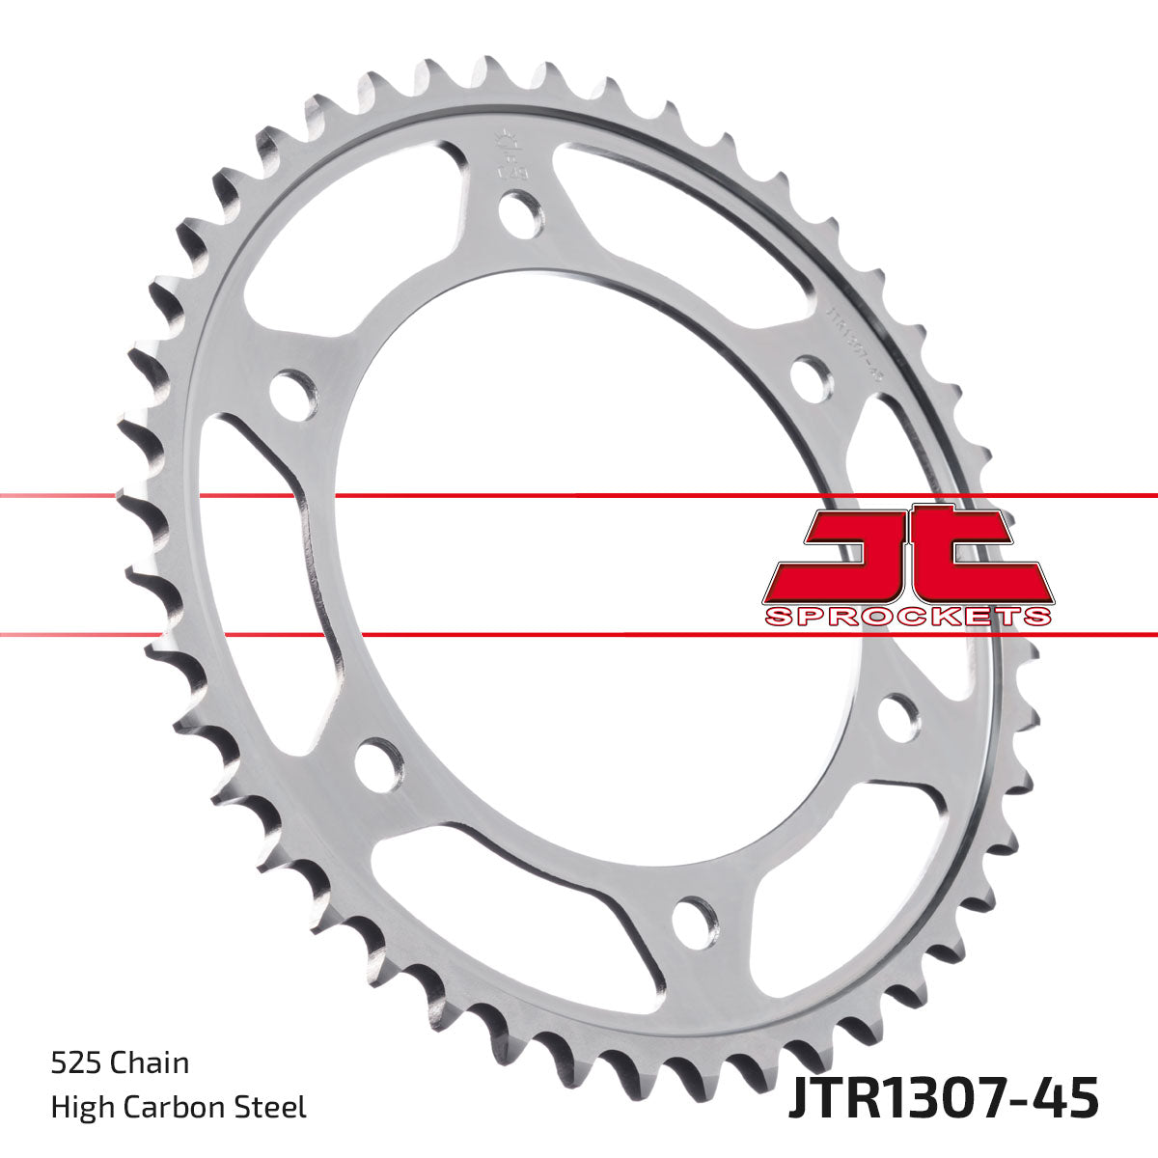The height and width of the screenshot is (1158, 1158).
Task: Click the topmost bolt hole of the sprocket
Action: (522, 212)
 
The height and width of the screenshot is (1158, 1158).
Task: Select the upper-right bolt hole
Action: (812, 374)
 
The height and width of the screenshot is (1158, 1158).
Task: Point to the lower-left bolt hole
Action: (376, 761)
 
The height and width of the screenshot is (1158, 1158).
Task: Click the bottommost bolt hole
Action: (694, 918)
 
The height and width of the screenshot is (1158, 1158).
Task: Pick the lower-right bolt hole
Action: (898, 718)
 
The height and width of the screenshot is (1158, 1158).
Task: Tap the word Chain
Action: (150, 1063)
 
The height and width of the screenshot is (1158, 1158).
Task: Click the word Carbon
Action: (178, 1108)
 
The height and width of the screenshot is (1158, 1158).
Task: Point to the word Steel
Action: (275, 1108)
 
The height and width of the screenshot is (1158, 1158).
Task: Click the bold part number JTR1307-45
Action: (943, 1099)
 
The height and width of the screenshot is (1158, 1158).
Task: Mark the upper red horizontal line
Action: (579, 496)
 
